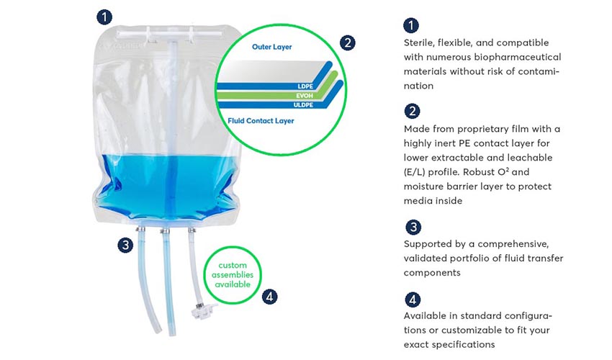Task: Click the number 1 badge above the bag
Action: tap(104, 17)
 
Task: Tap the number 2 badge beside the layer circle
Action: tap(347, 42)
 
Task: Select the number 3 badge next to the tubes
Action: tap(125, 246)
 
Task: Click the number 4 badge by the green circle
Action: tap(269, 297)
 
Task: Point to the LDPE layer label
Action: tap(305, 86)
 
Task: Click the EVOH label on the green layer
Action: tap(305, 96)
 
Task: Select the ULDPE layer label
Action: tap(303, 105)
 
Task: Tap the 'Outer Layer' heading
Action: tap(271, 47)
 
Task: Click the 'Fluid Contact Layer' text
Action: tap(261, 121)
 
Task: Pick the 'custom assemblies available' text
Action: tap(233, 274)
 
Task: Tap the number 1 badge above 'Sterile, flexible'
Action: tap(411, 25)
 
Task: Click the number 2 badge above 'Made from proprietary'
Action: tap(412, 112)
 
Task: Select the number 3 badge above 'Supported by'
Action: tap(413, 228)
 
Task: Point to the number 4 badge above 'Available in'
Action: tap(413, 300)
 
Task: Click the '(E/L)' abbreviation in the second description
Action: tap(415, 172)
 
